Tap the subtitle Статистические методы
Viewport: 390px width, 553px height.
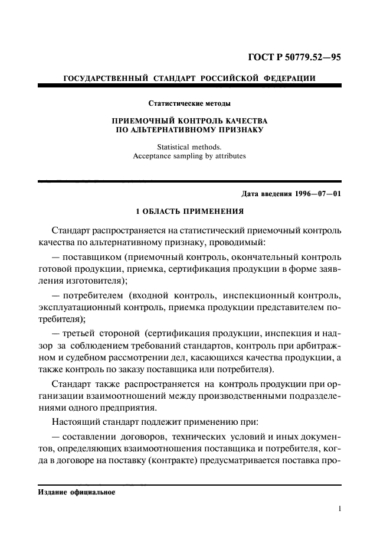point(189,104)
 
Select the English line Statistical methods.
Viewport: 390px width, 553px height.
point(189,147)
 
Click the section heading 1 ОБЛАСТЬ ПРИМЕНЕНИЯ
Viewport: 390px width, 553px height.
point(189,211)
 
